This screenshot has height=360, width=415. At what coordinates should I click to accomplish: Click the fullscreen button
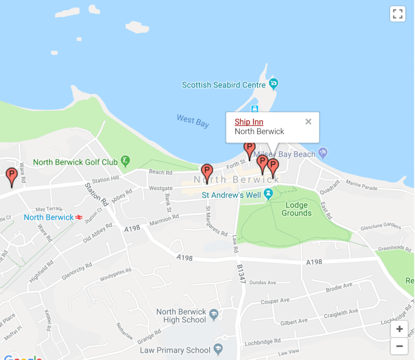397,14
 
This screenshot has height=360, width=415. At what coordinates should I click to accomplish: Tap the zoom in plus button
399,329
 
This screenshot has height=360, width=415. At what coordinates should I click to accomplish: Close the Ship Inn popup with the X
308,122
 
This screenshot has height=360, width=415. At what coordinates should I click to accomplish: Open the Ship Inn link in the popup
249,122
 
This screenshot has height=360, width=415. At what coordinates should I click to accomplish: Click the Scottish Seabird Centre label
223,85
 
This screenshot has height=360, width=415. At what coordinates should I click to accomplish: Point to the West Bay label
193,120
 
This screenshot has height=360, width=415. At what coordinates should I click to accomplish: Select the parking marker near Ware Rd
11,176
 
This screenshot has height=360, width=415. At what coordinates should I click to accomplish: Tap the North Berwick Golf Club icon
126,162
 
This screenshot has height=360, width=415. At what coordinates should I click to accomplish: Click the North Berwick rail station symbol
79,217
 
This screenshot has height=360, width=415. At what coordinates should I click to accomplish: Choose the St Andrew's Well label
231,195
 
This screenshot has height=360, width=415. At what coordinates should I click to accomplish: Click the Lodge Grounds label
296,209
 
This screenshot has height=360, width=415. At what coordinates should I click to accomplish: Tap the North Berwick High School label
181,316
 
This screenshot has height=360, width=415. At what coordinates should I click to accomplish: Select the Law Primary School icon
218,349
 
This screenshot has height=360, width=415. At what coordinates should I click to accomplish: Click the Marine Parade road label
361,185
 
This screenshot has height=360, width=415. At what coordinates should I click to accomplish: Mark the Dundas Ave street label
262,282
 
